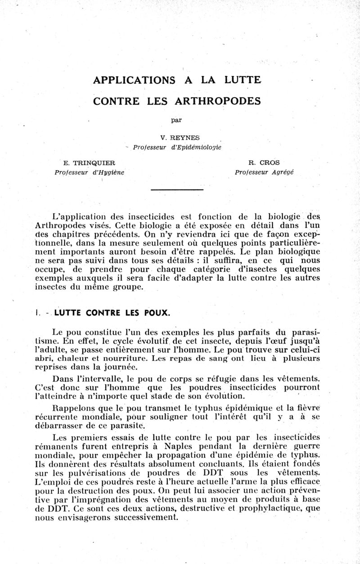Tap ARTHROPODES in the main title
tap(220, 101)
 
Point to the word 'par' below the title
tap(176, 120)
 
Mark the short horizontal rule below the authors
tap(177, 190)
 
